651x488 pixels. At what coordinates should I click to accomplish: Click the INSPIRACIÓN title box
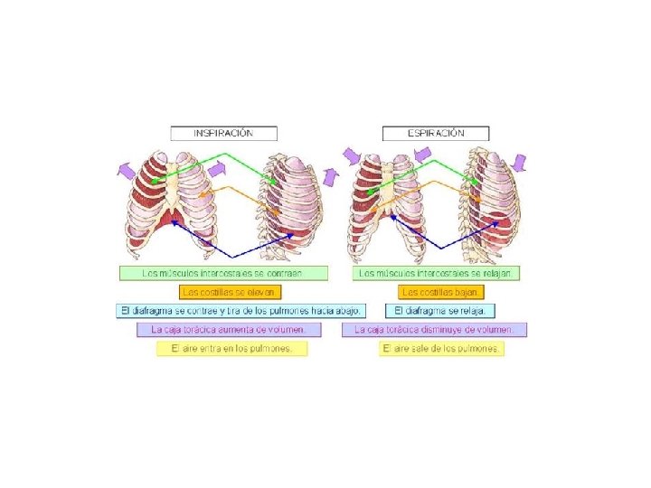(x=223, y=133)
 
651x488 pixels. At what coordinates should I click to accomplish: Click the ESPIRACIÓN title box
(x=436, y=133)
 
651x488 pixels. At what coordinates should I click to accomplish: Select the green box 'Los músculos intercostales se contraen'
(x=222, y=273)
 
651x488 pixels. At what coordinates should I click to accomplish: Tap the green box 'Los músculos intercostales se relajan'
(x=439, y=273)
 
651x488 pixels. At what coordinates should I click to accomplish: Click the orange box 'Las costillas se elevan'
(x=231, y=292)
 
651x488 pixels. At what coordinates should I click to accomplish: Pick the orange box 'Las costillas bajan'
(x=441, y=292)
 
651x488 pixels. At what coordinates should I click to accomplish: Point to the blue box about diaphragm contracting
(x=241, y=310)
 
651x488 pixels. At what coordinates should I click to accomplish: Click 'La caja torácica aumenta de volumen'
(x=234, y=330)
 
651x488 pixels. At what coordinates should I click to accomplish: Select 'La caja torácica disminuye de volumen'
(x=434, y=330)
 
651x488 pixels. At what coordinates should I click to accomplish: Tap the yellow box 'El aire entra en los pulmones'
(x=232, y=349)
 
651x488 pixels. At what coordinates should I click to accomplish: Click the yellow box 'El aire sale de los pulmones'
(x=441, y=349)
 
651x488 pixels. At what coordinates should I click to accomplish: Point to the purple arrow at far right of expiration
(x=519, y=163)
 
